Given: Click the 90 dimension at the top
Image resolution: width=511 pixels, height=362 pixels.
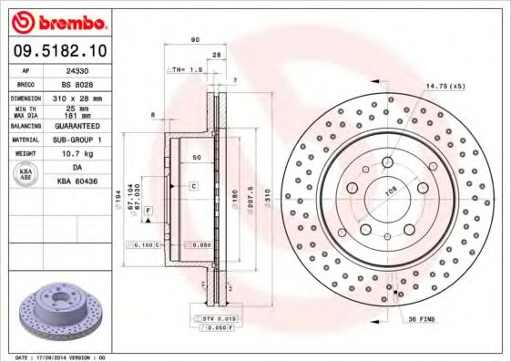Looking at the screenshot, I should point(195,39).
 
